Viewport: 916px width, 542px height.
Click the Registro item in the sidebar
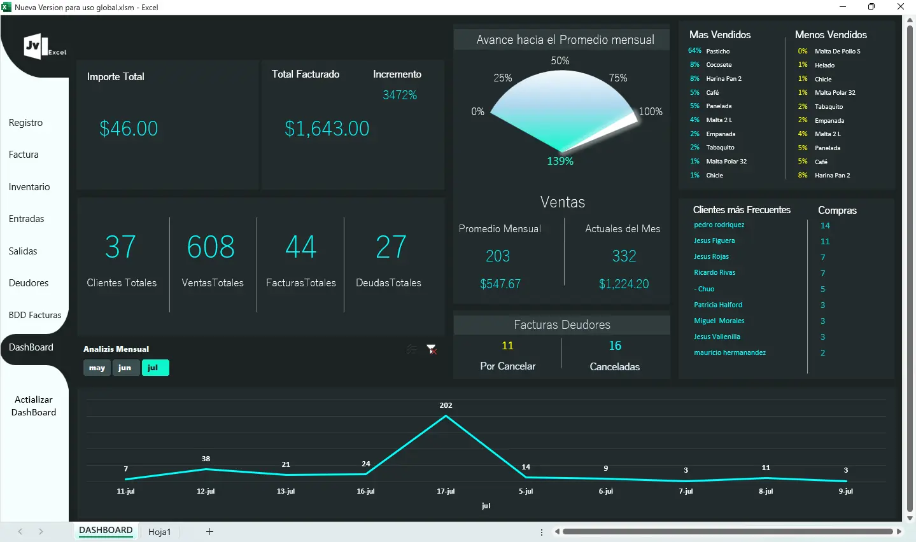tap(26, 123)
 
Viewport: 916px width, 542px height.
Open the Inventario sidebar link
tap(29, 187)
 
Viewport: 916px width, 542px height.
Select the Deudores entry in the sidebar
tap(29, 283)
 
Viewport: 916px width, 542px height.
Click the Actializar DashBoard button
tap(34, 406)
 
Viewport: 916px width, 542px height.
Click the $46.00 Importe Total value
tap(129, 129)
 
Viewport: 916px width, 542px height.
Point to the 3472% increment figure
tap(400, 95)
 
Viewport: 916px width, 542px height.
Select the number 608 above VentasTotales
tap(211, 247)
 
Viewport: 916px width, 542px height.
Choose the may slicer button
tap(97, 368)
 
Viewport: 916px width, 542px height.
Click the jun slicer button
tap(125, 368)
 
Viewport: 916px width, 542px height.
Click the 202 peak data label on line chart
tap(446, 405)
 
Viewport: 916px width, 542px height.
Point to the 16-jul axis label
tap(365, 491)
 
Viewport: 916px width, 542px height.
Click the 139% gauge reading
tap(560, 162)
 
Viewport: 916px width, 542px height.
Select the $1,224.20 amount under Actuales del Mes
tap(624, 284)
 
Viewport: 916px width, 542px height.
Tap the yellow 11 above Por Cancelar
tap(507, 346)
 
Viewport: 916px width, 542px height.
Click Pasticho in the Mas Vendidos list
tap(718, 52)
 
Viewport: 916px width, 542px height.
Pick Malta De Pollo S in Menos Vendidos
tap(837, 52)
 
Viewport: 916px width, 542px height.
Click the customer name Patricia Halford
tap(718, 305)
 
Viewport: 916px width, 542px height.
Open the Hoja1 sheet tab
tap(160, 532)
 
